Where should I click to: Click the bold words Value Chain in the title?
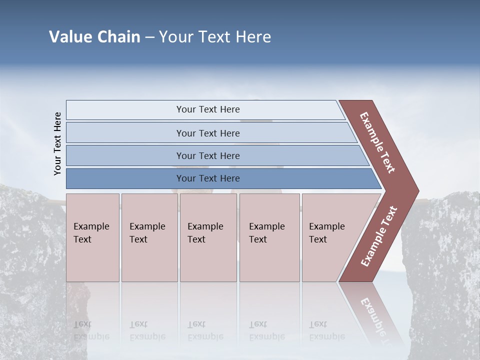click(94, 37)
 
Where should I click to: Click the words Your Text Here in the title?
click(215, 37)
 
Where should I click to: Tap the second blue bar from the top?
click(208, 133)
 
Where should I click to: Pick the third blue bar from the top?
click(208, 155)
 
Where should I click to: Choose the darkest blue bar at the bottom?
click(208, 178)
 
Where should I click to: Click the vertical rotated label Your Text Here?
click(57, 143)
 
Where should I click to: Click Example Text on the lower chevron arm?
click(379, 236)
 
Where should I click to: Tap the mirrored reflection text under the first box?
click(91, 330)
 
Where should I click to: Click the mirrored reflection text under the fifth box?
click(326, 330)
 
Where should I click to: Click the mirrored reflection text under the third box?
click(205, 330)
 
